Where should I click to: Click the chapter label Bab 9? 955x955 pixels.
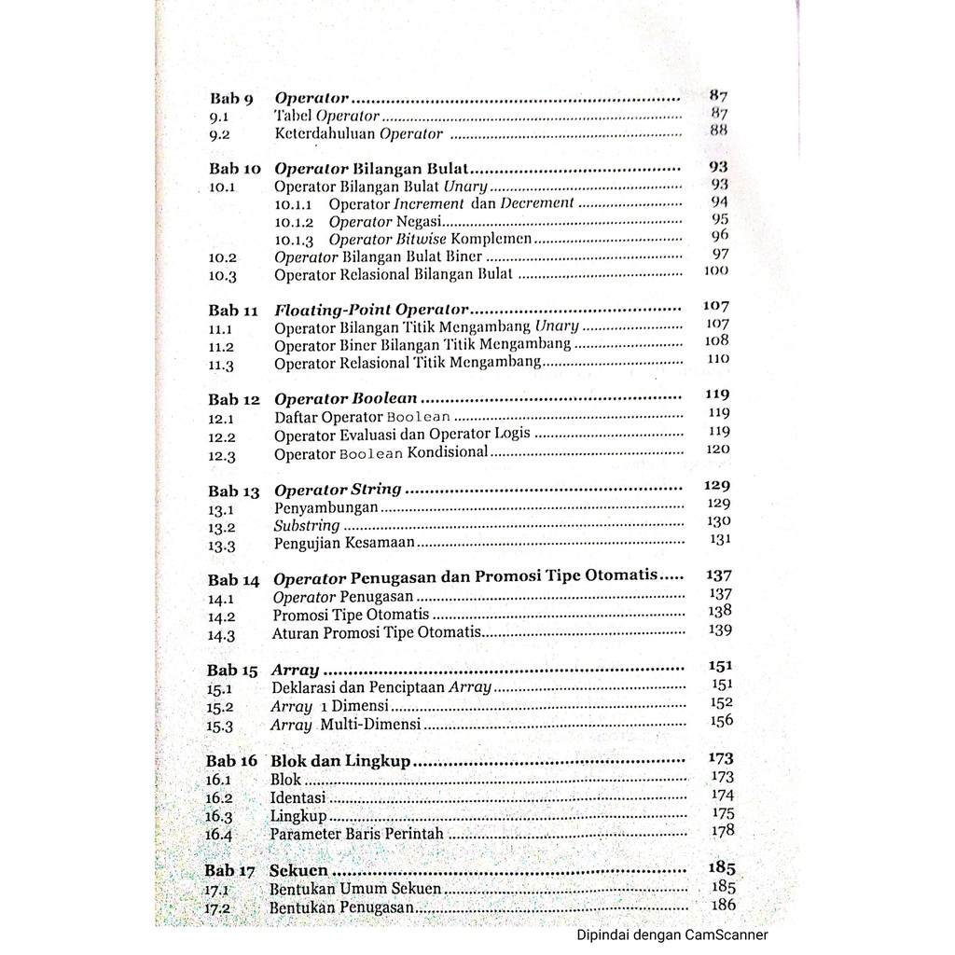click(x=231, y=98)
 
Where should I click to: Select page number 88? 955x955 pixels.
click(x=718, y=131)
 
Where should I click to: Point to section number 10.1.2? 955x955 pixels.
click(x=295, y=222)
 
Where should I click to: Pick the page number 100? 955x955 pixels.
click(x=716, y=271)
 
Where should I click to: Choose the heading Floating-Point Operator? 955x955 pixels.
click(x=370, y=309)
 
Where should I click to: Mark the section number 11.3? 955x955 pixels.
click(x=221, y=366)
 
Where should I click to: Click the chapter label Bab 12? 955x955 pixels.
click(x=234, y=399)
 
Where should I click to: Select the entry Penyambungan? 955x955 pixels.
click(x=325, y=508)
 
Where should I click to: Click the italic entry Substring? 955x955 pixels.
click(x=307, y=526)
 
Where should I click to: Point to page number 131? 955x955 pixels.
click(x=719, y=539)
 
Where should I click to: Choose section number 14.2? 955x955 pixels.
click(x=222, y=616)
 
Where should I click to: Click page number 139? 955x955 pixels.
click(x=720, y=630)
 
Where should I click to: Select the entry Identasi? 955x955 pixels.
click(x=298, y=798)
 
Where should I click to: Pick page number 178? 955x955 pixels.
click(x=722, y=830)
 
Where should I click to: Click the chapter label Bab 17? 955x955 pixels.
click(x=229, y=871)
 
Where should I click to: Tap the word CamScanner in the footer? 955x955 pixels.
click(x=726, y=935)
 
